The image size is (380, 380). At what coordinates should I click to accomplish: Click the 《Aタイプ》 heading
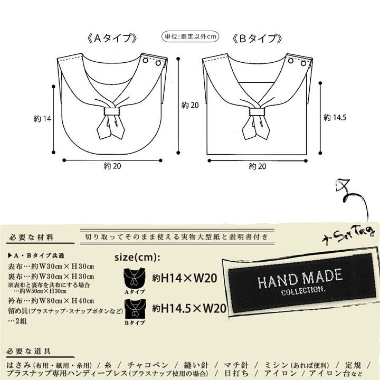(x=113, y=39)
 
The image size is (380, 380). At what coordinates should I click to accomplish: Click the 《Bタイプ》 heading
(x=257, y=39)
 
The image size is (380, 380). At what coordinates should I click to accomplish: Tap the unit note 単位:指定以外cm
(x=189, y=36)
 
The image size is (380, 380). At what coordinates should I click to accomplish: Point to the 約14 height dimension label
(x=42, y=119)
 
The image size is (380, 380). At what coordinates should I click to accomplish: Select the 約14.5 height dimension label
(x=335, y=117)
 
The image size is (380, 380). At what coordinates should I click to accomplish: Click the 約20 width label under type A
(x=112, y=166)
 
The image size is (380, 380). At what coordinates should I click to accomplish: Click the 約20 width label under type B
(x=257, y=166)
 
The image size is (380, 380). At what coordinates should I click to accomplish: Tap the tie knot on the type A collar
(x=112, y=111)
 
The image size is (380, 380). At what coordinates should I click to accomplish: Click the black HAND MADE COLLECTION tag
(x=301, y=282)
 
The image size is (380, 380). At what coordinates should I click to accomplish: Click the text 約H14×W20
(x=185, y=278)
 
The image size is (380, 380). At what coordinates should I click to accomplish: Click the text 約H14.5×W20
(x=189, y=308)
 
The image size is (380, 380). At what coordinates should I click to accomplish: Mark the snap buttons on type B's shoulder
(x=297, y=62)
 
